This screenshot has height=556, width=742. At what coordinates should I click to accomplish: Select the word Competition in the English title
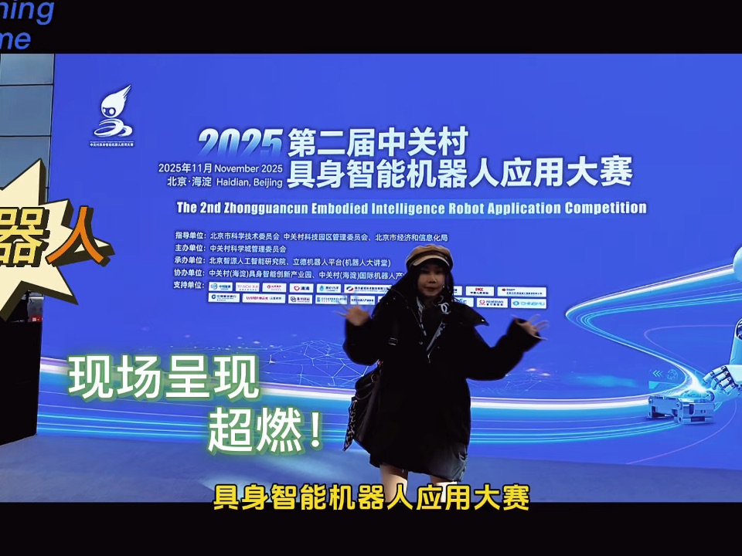(605, 208)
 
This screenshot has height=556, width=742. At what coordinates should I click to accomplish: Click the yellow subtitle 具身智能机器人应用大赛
(371, 497)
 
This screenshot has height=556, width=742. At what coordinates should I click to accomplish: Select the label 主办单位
(189, 249)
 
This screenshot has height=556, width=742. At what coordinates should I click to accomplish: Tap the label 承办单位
(189, 262)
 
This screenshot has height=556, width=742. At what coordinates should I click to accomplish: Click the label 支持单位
(189, 286)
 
